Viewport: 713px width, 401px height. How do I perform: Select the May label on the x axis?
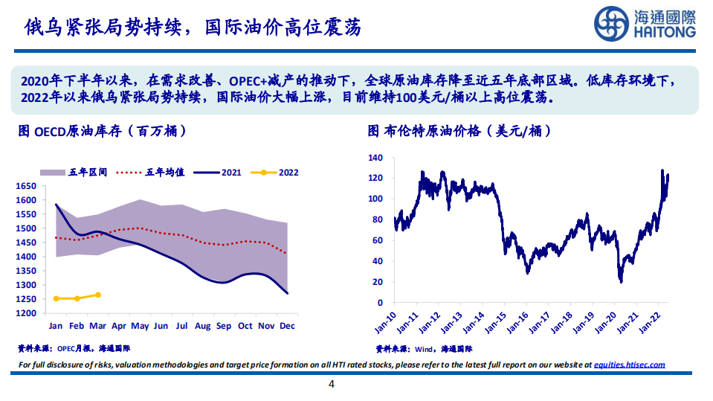pos(140,326)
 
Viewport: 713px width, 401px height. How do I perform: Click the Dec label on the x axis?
pos(288,326)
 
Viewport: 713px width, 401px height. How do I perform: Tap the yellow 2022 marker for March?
pos(98,295)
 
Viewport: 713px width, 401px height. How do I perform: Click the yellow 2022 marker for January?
pos(56,298)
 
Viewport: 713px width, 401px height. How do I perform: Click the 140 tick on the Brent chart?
pos(375,158)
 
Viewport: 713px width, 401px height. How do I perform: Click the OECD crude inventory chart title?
pos(101,132)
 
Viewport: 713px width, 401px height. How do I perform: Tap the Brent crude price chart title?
pos(459,132)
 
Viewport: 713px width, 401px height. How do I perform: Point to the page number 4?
pos(332,385)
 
